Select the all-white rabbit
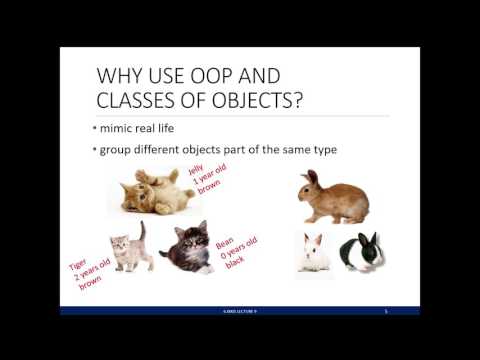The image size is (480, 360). tap(314, 253)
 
